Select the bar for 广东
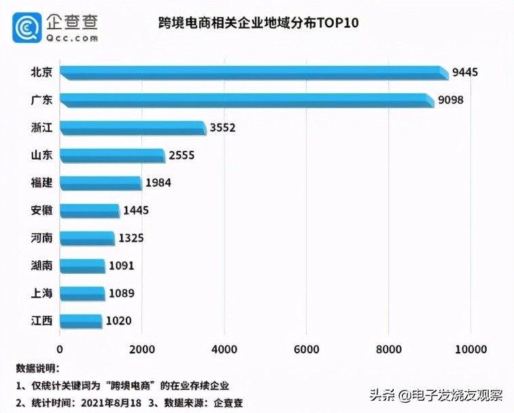pos(246,101)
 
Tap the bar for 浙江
pos(133,128)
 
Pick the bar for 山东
pos(112,156)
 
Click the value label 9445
pos(466,72)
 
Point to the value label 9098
pos(451,100)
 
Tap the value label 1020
pos(118,321)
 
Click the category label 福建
pos(42,183)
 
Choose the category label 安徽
pos(42,211)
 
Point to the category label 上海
pos(42,293)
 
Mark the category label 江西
pos(42,321)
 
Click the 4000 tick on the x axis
pos(224,349)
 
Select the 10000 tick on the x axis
pos(470,349)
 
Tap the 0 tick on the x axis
pos(61,349)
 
